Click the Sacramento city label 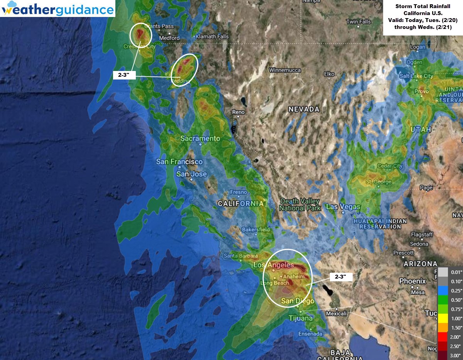[200, 139]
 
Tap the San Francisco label [179, 162]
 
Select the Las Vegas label [343, 206]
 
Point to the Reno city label [238, 112]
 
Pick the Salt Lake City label [416, 76]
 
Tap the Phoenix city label [412, 281]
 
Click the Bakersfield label [256, 230]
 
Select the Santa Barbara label [241, 256]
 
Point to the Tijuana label [301, 318]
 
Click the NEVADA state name [304, 109]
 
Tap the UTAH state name [421, 130]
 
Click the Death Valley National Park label [300, 205]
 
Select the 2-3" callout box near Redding [124, 75]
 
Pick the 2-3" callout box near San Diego [341, 277]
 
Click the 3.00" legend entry [452, 355]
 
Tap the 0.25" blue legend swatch [443, 290]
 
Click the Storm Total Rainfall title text [422, 7]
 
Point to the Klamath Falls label [212, 37]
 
